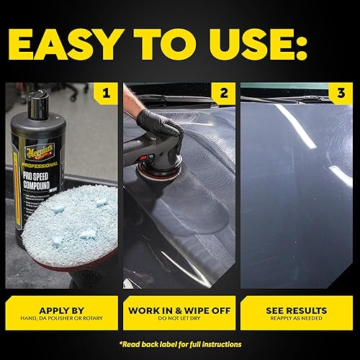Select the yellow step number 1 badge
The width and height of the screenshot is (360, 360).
tap(105, 93)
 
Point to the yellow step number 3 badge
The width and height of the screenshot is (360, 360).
tap(341, 93)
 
